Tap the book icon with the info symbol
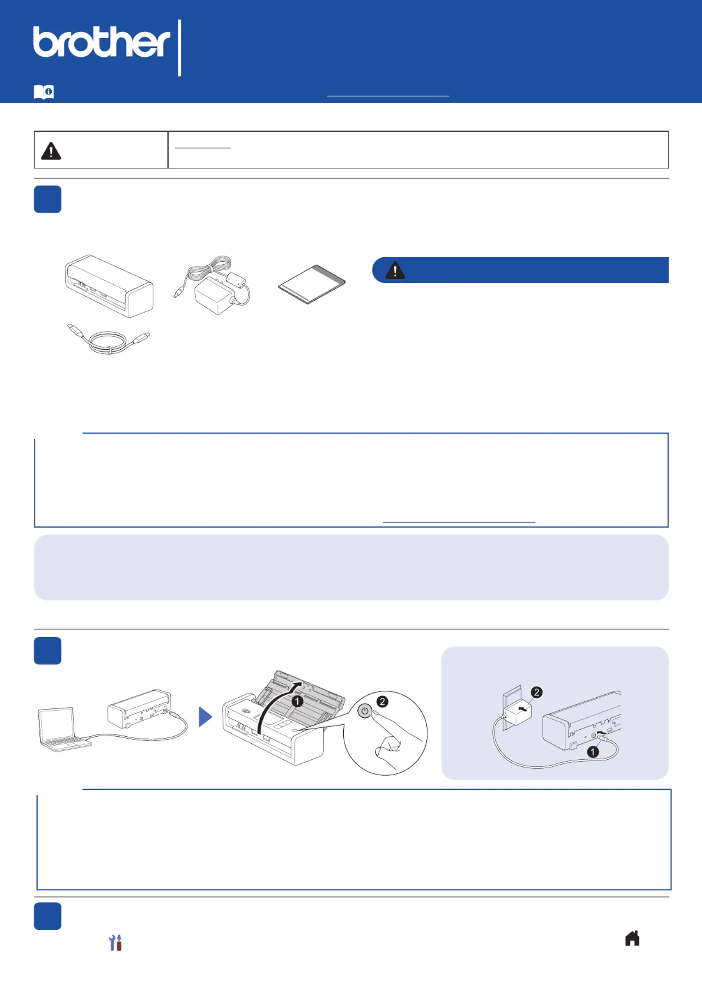pyautogui.click(x=44, y=92)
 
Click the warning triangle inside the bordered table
pyautogui.click(x=51, y=151)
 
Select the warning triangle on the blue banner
pyautogui.click(x=395, y=270)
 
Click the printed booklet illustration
pyautogui.click(x=312, y=284)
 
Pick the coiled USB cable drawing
pyautogui.click(x=109, y=339)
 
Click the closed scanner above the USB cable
pyautogui.click(x=109, y=286)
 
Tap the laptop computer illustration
pyautogui.click(x=65, y=729)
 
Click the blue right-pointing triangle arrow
pyautogui.click(x=205, y=716)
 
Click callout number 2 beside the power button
pyautogui.click(x=382, y=701)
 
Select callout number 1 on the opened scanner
pyautogui.click(x=297, y=701)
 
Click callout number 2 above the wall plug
pyautogui.click(x=537, y=692)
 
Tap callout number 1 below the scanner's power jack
pyautogui.click(x=593, y=751)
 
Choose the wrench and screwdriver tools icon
pyautogui.click(x=115, y=943)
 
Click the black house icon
pyautogui.click(x=632, y=938)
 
